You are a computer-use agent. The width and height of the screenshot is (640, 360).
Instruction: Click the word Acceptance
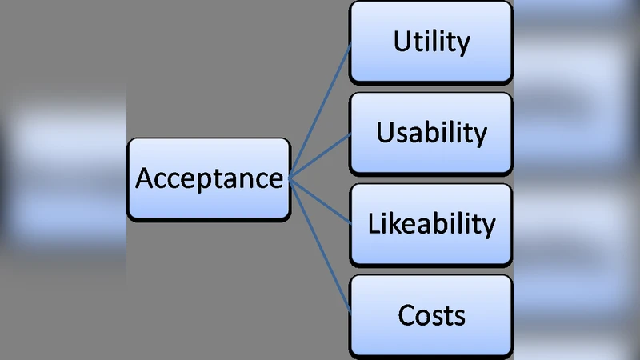coord(209,178)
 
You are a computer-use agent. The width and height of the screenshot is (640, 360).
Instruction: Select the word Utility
coord(431,42)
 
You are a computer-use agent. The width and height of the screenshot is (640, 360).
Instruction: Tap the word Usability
coord(431,133)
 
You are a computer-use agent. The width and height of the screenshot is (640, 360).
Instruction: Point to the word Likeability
coord(431,223)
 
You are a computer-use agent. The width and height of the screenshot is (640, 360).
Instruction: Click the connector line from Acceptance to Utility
coord(320,109)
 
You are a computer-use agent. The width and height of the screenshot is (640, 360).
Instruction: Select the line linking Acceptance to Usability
coord(320,155)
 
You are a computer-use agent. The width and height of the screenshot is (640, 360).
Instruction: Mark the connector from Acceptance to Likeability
coord(320,201)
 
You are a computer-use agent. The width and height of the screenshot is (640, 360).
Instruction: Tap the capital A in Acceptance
coord(144,178)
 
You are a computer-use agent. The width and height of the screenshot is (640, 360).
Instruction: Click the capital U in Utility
coord(402,42)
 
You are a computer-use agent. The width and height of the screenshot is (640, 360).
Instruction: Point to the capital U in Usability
coord(386,132)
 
